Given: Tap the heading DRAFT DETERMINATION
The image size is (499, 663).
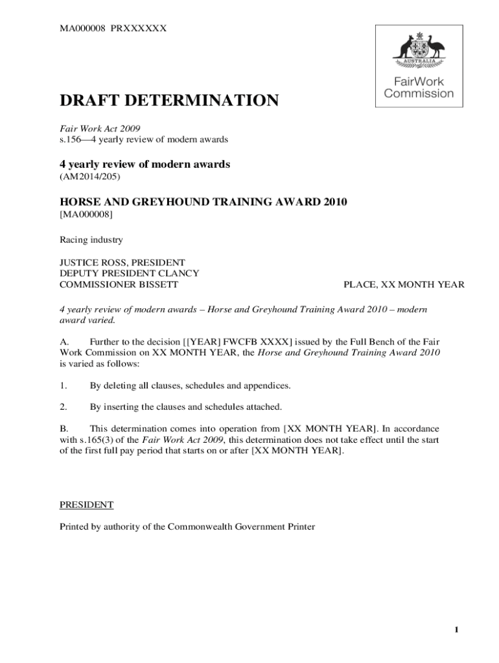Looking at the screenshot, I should pyautogui.click(x=169, y=100).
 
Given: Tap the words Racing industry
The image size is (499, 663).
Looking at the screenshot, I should pyautogui.click(x=91, y=240).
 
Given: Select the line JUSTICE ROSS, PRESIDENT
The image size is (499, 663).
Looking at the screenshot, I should pyautogui.click(x=122, y=262).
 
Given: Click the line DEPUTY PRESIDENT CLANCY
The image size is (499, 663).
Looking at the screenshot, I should pyautogui.click(x=130, y=273).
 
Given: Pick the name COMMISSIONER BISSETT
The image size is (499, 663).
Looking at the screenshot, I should pyautogui.click(x=119, y=284).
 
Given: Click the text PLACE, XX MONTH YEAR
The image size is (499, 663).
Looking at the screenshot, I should pyautogui.click(x=404, y=284).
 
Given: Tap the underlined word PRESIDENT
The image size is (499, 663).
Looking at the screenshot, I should pyautogui.click(x=87, y=504).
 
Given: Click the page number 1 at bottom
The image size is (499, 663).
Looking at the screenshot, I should pyautogui.click(x=456, y=631).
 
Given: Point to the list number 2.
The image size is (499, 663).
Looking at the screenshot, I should pyautogui.click(x=64, y=407).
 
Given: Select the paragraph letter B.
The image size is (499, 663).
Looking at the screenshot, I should pyautogui.click(x=64, y=429).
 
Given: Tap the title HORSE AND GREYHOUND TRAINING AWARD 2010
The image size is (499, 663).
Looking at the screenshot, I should pyautogui.click(x=203, y=202).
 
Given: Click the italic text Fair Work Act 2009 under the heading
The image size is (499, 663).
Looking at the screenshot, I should pyautogui.click(x=100, y=128).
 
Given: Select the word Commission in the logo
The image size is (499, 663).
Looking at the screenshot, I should pyautogui.click(x=419, y=93).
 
